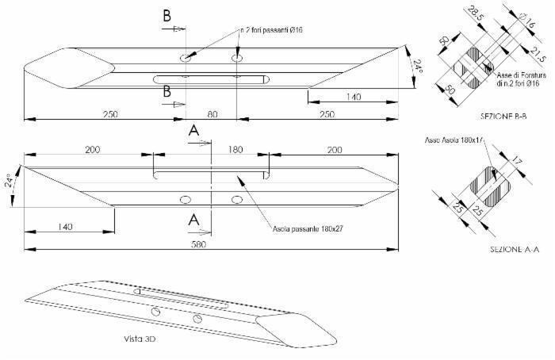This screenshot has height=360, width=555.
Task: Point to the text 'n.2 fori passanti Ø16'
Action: (x=272, y=30)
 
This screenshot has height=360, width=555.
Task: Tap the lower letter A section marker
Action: (x=193, y=223)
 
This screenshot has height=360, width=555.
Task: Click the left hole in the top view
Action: (x=185, y=59)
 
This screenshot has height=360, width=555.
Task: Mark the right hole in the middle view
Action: (x=236, y=200)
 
